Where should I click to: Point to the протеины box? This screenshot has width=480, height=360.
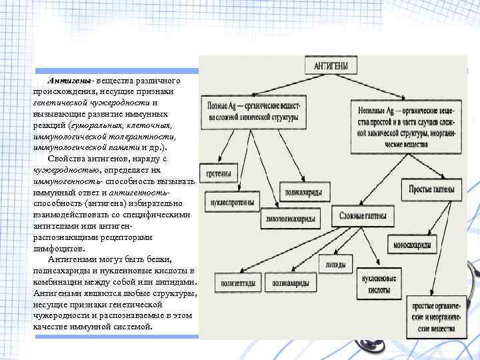click(x=219, y=175)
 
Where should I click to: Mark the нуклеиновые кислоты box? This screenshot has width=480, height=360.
click(x=375, y=283)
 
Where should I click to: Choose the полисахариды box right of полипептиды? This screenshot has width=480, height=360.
click(x=292, y=283)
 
